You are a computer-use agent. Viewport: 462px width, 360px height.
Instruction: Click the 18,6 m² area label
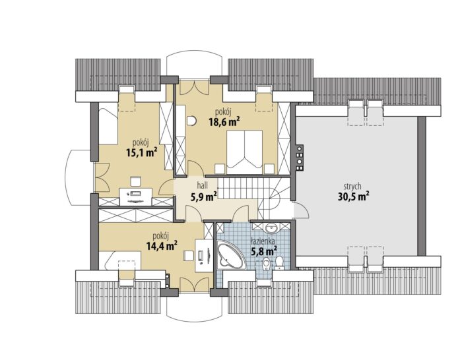coord(224,121)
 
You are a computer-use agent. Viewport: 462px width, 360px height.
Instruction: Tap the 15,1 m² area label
coord(141,152)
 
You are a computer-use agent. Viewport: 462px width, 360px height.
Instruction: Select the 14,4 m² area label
coord(162,245)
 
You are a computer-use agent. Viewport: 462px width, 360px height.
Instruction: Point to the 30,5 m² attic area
coord(353,196)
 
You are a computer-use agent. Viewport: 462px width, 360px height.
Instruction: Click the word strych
coord(352,187)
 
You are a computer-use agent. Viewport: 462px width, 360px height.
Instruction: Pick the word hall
coord(203,185)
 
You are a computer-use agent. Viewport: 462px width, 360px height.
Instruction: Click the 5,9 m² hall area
coord(204,196)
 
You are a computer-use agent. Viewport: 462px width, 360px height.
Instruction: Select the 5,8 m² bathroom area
coord(264,251)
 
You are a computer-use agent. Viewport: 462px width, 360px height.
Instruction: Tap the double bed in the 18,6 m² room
coord(244,152)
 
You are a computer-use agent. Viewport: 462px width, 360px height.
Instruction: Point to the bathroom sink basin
coord(270,227)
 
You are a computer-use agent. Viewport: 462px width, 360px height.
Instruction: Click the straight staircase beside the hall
coord(239,189)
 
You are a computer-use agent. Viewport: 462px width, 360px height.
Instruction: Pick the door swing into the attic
coord(302,210)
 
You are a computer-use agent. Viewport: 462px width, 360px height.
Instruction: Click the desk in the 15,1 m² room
coord(135,196)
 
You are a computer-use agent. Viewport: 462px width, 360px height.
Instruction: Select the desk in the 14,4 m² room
coord(203,255)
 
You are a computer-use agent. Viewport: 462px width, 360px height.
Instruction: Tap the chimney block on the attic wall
coord(300,158)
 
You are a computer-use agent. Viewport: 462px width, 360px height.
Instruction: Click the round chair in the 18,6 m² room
coord(191,121)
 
